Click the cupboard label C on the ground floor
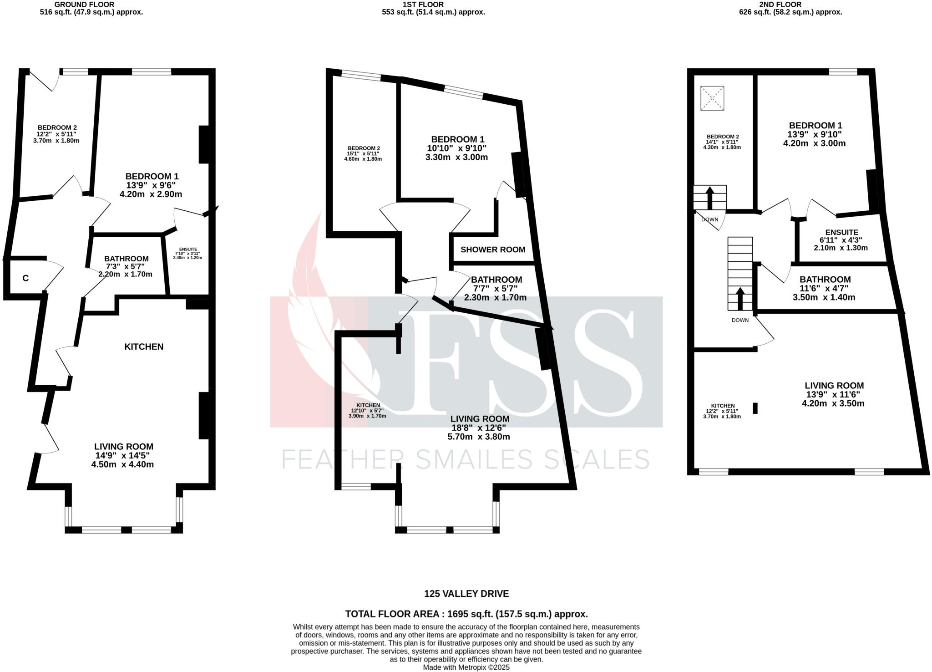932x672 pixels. (x=25, y=278)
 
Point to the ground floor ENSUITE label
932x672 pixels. (x=188, y=249)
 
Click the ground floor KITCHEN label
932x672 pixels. (x=144, y=347)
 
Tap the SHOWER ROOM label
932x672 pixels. (x=493, y=249)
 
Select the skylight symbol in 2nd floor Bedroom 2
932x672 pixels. (x=712, y=98)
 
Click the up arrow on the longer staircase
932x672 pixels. (x=740, y=298)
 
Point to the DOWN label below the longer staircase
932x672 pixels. (x=740, y=320)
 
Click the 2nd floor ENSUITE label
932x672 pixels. (x=841, y=232)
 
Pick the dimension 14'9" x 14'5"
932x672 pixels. (x=122, y=455)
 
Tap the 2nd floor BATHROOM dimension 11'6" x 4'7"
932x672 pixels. (x=824, y=289)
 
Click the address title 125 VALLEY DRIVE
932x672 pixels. (x=466, y=594)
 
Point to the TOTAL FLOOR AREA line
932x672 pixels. (x=466, y=614)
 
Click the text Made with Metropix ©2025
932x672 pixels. (x=466, y=667)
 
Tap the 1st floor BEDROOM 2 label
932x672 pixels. (x=364, y=148)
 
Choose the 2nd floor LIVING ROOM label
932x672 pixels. (x=834, y=386)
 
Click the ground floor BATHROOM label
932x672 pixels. (x=126, y=259)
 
